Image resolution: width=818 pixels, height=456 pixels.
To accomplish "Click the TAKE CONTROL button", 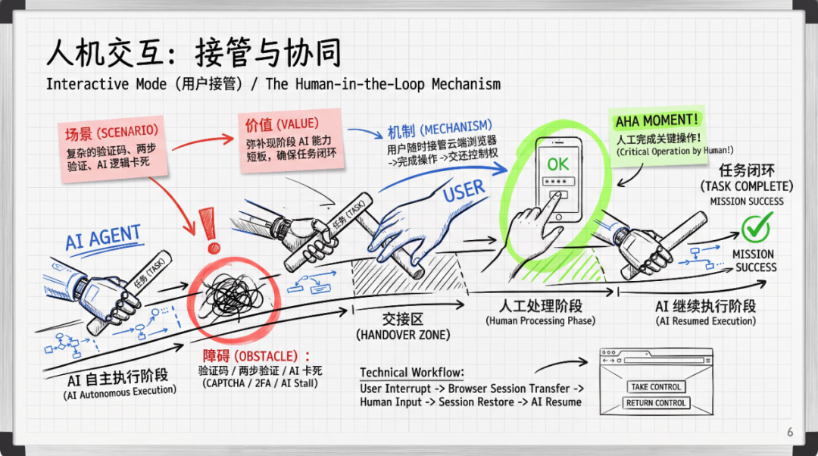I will (656, 387).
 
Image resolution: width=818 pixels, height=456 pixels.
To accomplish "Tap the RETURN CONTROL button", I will (656, 403).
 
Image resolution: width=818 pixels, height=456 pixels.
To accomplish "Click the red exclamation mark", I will (212, 230).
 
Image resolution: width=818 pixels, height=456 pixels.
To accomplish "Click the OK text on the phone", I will (558, 164).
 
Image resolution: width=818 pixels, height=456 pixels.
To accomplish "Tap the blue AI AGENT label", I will (102, 238).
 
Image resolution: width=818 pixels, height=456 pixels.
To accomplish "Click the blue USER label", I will (464, 192).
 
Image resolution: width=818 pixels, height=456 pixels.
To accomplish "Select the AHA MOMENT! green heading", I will (657, 121).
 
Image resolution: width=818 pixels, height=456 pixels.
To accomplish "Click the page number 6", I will (790, 433).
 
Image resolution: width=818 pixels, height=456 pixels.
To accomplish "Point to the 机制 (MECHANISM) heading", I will (439, 126).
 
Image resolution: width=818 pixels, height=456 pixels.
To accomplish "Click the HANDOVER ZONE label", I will (402, 335).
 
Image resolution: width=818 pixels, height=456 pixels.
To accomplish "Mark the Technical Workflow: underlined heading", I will (412, 373).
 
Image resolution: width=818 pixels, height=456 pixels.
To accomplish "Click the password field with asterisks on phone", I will (558, 183).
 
